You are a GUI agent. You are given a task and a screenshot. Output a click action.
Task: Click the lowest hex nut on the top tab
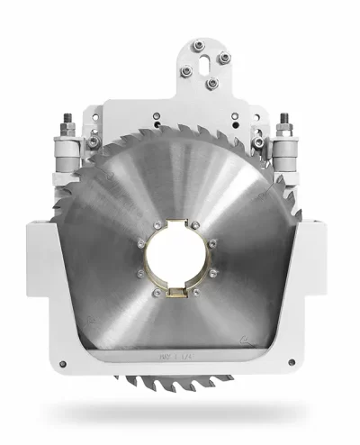coord(211,84)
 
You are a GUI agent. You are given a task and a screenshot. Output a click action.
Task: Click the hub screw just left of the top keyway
coord(157,225)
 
